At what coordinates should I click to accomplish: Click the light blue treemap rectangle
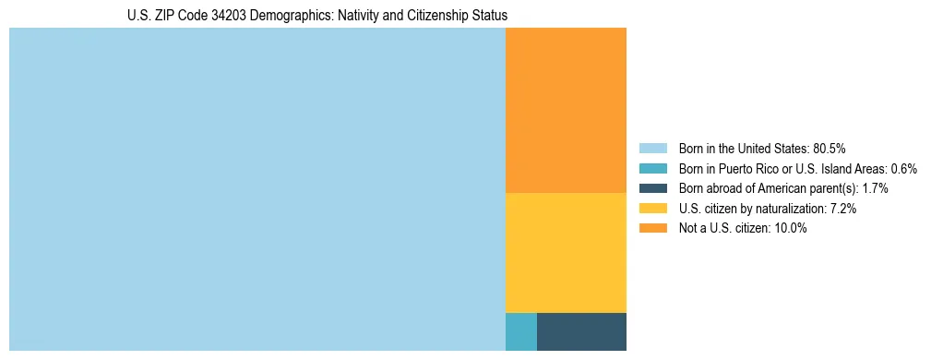(x=257, y=189)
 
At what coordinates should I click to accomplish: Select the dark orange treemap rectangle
(x=566, y=110)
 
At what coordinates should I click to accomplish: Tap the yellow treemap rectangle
(x=566, y=252)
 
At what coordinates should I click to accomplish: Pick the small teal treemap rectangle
(x=520, y=331)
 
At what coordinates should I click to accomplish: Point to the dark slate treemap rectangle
(x=581, y=331)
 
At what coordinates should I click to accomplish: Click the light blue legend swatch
(x=653, y=148)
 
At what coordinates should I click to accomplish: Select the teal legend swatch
(x=653, y=168)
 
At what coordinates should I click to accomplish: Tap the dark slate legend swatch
(x=653, y=188)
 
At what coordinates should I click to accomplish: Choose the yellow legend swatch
(x=653, y=209)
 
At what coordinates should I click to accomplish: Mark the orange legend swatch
(x=653, y=229)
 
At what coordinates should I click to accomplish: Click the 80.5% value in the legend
(x=829, y=148)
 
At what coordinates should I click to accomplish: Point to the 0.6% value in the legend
(x=903, y=168)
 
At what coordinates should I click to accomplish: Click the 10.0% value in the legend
(x=791, y=229)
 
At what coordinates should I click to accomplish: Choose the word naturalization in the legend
(x=791, y=209)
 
